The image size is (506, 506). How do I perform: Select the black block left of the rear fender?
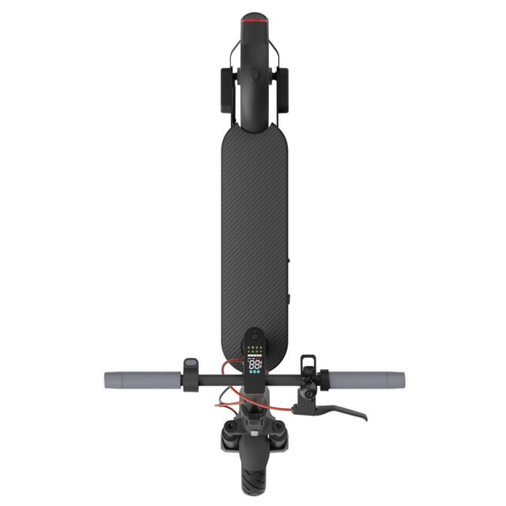226,90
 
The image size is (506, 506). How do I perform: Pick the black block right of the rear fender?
281,90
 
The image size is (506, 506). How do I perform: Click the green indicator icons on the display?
255,347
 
